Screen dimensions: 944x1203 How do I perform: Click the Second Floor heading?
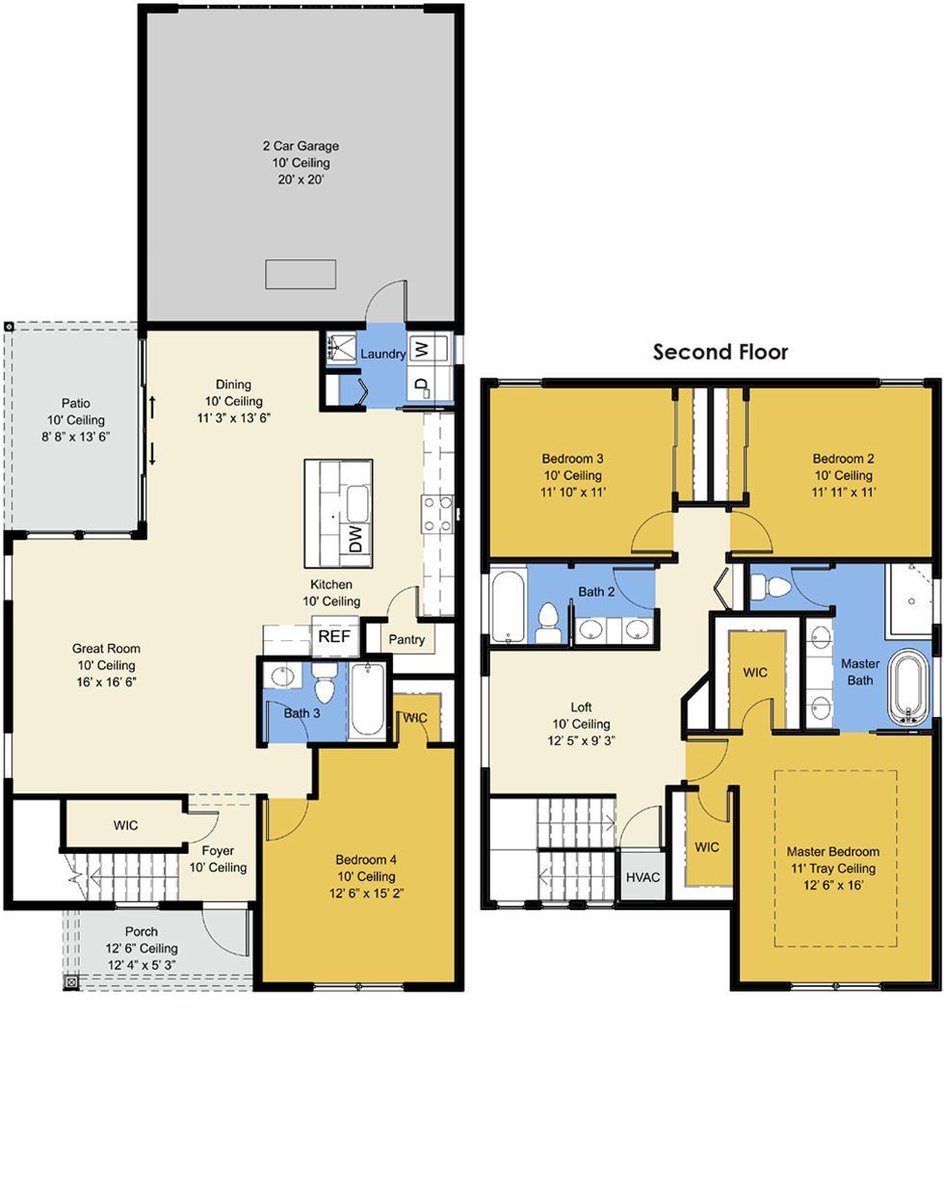720,352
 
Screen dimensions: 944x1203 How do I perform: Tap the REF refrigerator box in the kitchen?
334,636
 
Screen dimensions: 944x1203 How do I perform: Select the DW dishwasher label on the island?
355,538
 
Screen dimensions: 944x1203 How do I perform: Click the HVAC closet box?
643,877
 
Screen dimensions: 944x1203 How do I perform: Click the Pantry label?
406,639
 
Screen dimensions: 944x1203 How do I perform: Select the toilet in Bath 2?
548,623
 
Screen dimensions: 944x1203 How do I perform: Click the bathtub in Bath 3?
367,701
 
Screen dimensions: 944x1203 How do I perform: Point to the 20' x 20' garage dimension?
301,179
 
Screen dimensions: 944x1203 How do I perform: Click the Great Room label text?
106,649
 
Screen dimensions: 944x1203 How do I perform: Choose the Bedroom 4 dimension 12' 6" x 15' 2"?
365,893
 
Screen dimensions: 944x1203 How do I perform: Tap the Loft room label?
581,707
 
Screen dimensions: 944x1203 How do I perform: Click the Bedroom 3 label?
573,459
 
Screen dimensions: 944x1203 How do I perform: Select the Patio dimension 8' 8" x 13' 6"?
76,437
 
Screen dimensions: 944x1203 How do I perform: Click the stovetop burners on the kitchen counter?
437,514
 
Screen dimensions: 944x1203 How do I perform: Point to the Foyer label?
218,851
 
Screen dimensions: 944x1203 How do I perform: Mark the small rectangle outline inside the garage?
301,274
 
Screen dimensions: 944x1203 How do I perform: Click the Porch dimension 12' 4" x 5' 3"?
143,965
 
